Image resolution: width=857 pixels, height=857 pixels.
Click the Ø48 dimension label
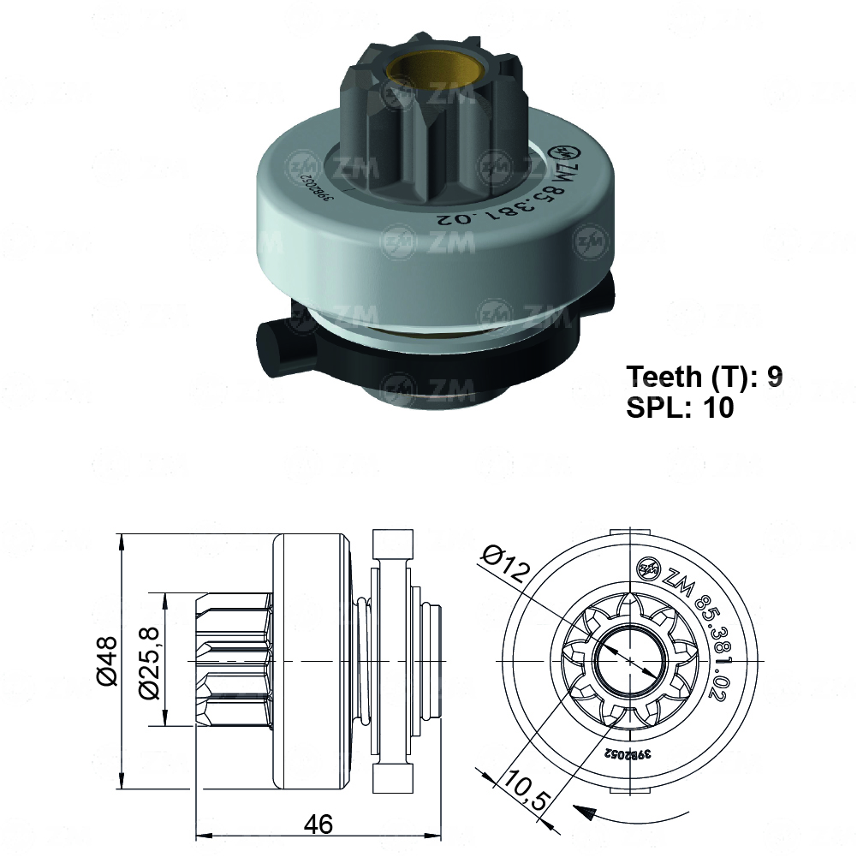pyautogui.click(x=106, y=661)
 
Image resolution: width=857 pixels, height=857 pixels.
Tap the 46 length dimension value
pyautogui.click(x=318, y=825)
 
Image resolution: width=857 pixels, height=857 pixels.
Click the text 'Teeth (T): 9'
pyautogui.click(x=704, y=377)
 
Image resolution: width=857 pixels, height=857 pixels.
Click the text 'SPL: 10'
pyautogui.click(x=680, y=408)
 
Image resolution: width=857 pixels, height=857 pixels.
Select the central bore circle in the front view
pyautogui.click(x=630, y=660)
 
